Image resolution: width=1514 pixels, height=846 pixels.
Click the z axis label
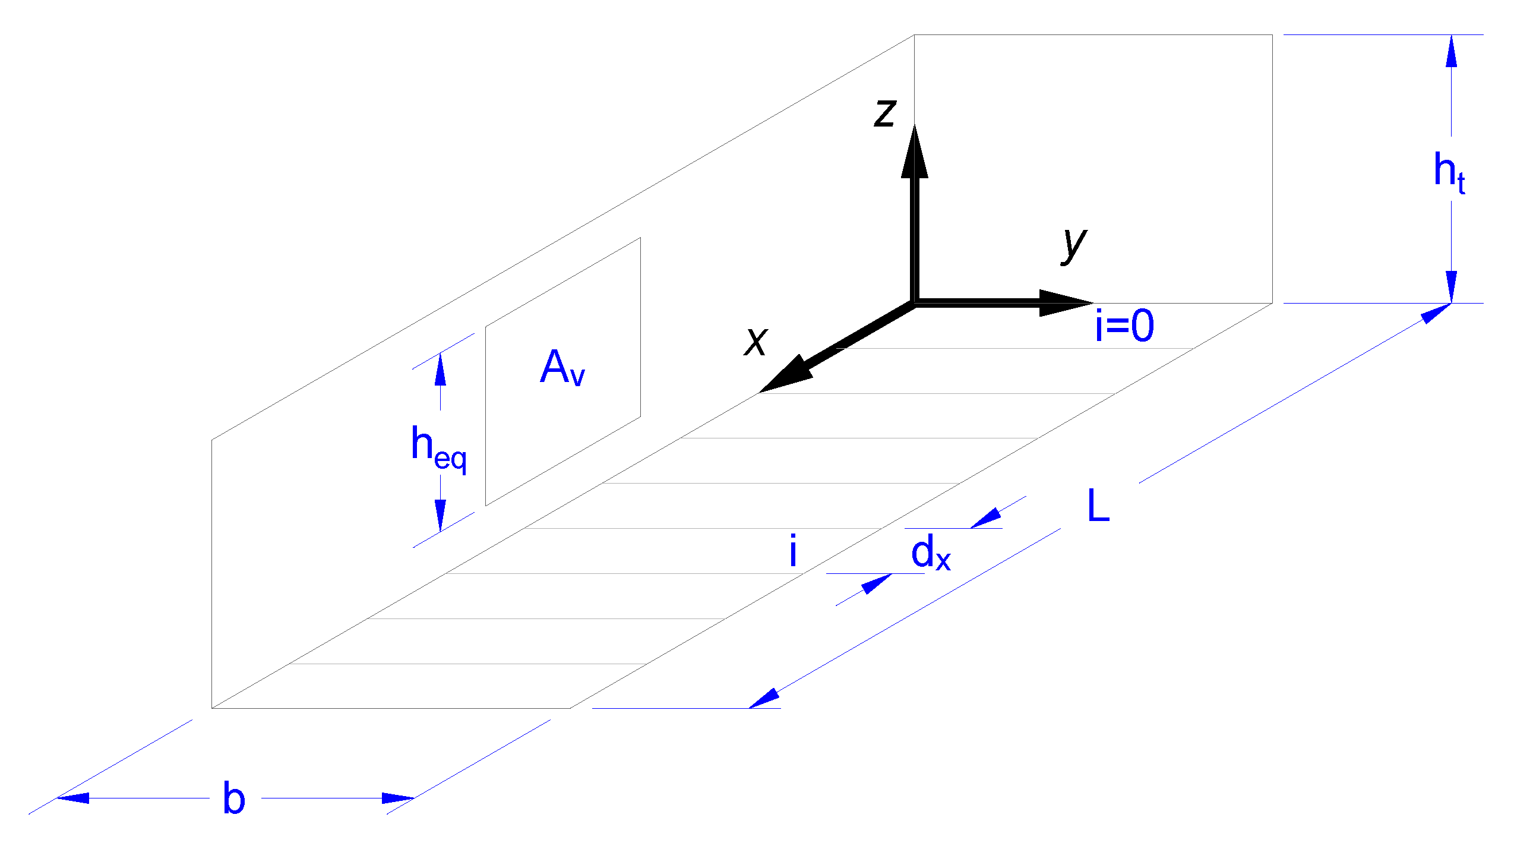click(x=884, y=113)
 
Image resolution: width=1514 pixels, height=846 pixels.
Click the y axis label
click(x=1074, y=245)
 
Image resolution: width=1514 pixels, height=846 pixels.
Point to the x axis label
click(x=756, y=341)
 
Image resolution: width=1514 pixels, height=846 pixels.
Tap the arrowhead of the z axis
click(x=915, y=152)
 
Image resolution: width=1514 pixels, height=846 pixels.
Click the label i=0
click(x=1124, y=326)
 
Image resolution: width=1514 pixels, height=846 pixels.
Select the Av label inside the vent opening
click(x=562, y=368)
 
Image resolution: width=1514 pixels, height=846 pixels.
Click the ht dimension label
click(x=1449, y=172)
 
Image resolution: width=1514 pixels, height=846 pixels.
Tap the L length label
click(x=1098, y=506)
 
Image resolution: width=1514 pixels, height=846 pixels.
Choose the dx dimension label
click(x=930, y=553)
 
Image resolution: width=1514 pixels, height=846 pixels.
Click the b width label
click(x=234, y=798)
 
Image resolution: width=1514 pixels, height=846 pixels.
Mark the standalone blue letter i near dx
click(x=793, y=551)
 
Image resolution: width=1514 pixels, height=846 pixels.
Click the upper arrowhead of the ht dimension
click(x=1452, y=51)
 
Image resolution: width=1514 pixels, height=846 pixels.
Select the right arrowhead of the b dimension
click(x=398, y=798)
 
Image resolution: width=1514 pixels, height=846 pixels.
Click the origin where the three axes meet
click(x=915, y=303)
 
